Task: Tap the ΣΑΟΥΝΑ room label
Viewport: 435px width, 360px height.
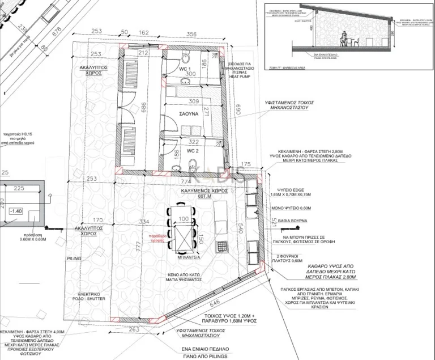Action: click(x=188, y=113)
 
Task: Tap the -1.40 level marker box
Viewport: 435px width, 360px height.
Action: click(x=16, y=211)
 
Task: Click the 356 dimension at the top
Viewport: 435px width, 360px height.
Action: click(x=191, y=35)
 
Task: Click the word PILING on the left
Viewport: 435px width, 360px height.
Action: click(x=74, y=258)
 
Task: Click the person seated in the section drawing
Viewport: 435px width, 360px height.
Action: click(x=344, y=38)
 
